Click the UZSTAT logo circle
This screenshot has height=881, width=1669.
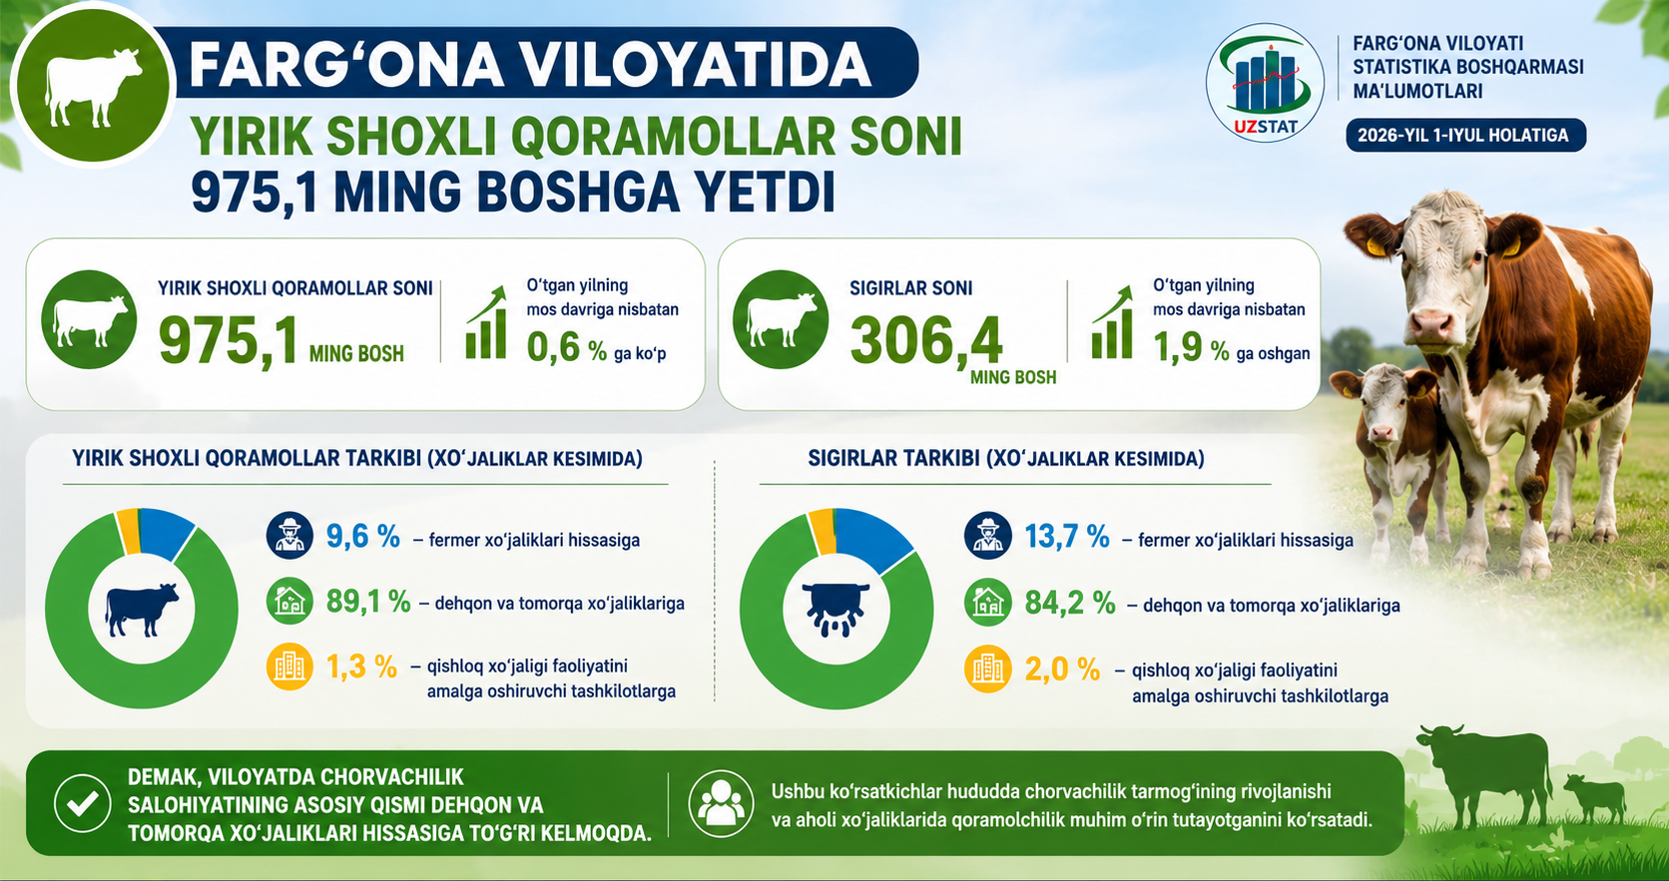coord(1265,83)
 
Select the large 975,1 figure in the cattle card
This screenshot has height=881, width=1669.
coord(228,340)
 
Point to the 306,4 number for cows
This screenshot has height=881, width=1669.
coord(926,340)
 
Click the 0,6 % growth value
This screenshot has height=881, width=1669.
coord(566,348)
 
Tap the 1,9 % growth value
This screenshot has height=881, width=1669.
coord(1191,348)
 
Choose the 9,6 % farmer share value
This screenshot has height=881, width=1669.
coord(363,536)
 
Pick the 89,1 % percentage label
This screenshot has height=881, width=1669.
coord(368,601)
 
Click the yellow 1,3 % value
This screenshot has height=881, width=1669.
coord(361,666)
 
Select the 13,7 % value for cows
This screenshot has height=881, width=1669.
coord(1067,536)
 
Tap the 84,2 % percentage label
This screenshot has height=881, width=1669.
coord(1070,603)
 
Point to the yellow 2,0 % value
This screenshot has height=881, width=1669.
coord(1062,669)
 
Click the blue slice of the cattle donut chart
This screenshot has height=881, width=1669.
coord(165,531)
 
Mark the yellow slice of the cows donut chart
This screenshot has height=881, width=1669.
coord(823,531)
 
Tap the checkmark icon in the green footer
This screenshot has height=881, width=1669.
coord(83,803)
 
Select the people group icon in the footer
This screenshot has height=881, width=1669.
coord(722,803)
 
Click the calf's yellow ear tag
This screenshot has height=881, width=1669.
coord(1348,391)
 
